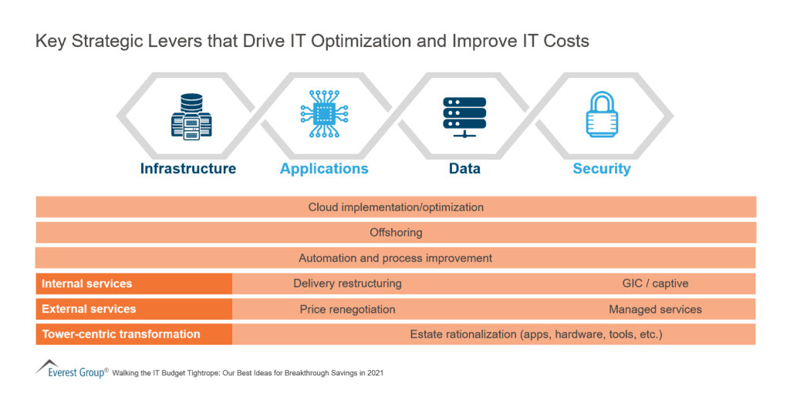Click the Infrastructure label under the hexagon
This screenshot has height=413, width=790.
(x=188, y=169)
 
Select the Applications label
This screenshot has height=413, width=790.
(x=324, y=169)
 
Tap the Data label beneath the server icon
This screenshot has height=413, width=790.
(x=464, y=169)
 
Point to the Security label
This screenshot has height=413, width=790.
(x=602, y=169)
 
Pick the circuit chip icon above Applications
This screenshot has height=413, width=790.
(x=324, y=116)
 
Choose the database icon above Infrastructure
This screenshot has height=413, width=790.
(x=189, y=116)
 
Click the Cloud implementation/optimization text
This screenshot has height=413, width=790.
(x=396, y=207)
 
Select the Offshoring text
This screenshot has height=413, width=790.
(x=396, y=233)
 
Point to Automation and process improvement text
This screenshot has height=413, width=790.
(x=395, y=258)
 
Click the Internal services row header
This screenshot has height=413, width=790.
(x=86, y=284)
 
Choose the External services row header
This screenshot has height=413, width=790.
(x=89, y=309)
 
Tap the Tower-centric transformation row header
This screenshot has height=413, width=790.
(x=121, y=334)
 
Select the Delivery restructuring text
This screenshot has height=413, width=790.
(x=347, y=284)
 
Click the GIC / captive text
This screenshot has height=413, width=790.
(x=655, y=284)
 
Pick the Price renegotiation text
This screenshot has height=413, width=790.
(x=347, y=309)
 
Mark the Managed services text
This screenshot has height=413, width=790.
(x=655, y=309)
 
